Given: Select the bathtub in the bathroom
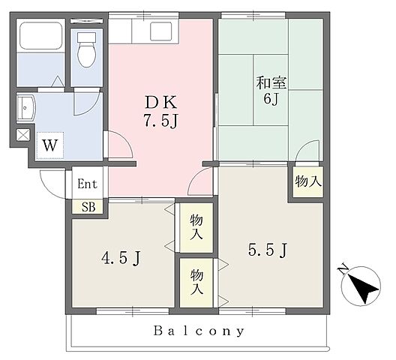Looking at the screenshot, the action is pos(41,36).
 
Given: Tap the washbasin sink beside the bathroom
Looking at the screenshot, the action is pos(25,109).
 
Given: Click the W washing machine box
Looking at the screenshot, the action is pos(49,145).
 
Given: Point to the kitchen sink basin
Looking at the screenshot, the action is pos(160,31).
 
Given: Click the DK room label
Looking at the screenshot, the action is pos(161,103).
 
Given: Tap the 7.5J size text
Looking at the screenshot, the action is pos(161,120).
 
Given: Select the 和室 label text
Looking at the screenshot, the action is pos(271,82).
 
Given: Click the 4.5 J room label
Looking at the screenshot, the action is pos(121,258).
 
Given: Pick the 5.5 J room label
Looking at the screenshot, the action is pos(268,250).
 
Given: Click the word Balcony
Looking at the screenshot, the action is pos(199,331).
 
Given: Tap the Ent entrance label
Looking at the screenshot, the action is pos(87,184).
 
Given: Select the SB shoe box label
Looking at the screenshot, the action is pos(88,207).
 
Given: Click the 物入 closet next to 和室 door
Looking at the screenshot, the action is pos(308,181).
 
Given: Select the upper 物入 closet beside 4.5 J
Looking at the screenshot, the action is pos(196,227).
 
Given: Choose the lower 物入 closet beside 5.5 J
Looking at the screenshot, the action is pos(196,283).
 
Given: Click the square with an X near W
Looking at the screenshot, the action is pos(23,135).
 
